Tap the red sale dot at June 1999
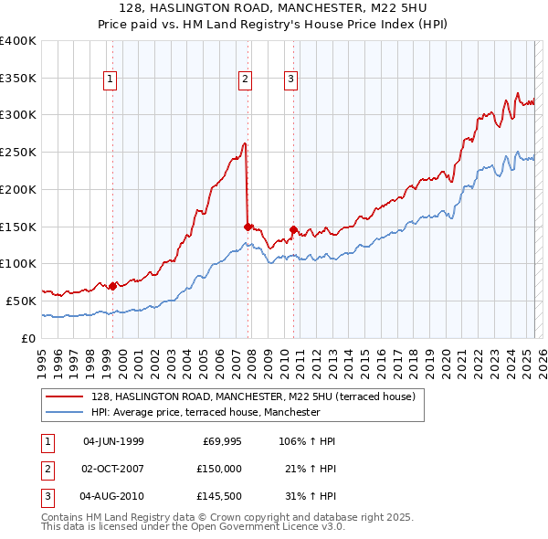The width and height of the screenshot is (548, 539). point(112,286)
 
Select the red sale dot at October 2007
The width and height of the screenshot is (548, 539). point(248,226)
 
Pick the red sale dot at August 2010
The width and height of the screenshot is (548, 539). point(293,229)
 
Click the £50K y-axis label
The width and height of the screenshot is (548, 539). point(21,300)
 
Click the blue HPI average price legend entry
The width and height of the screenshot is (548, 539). point(205,412)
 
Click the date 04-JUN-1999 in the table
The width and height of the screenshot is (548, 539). point(113,442)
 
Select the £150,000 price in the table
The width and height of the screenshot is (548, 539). point(220,469)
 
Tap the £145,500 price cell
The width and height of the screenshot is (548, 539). point(220,497)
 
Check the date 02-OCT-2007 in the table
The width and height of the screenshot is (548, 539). point(113,469)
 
